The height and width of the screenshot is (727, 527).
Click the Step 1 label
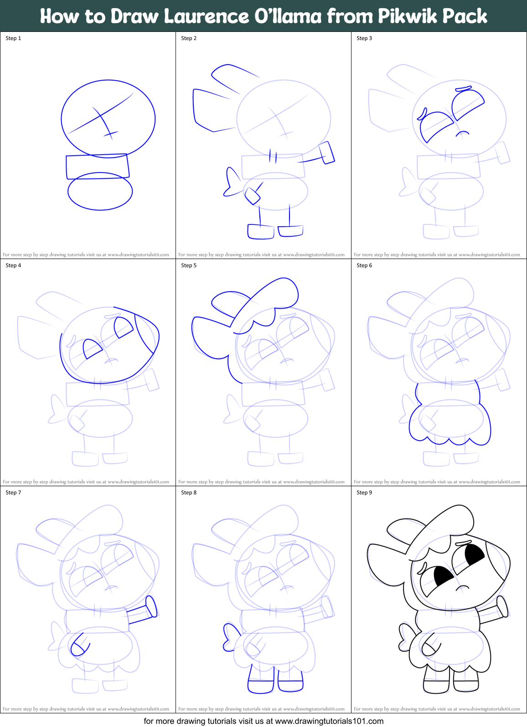click(13, 38)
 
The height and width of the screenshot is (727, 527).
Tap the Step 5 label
click(189, 265)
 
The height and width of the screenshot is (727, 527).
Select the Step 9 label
click(364, 493)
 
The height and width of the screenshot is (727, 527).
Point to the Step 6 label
click(364, 265)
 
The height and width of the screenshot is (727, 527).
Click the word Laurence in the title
click(206, 16)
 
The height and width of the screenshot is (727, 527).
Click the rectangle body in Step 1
click(97, 167)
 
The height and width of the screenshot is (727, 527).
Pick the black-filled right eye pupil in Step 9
click(474, 554)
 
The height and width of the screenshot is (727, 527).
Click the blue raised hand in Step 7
click(151, 607)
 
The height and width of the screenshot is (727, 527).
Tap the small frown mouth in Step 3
click(463, 133)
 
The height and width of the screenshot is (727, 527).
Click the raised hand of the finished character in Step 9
click(502, 607)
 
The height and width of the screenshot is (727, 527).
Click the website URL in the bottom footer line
click(329, 721)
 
